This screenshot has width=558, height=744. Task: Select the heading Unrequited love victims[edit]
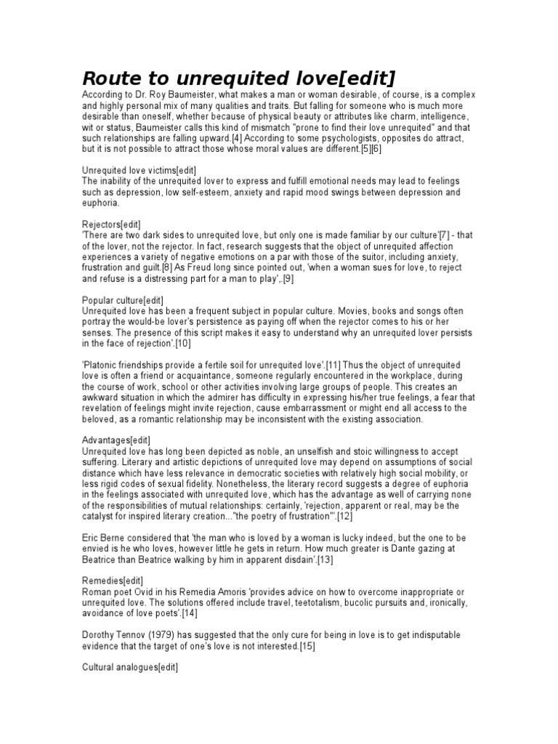click(x=138, y=169)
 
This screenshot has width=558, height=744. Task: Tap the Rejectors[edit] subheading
click(x=111, y=224)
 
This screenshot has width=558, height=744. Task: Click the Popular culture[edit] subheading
click(x=123, y=300)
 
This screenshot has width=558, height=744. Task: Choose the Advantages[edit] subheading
click(x=116, y=440)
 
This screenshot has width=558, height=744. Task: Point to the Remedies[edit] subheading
click(x=113, y=581)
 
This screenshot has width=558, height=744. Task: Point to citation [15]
click(x=310, y=646)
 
